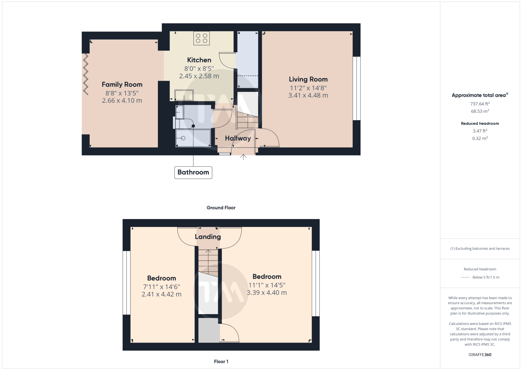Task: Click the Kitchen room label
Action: [199, 60]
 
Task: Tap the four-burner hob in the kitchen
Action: [202, 38]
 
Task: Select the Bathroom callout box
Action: [193, 173]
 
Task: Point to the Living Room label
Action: [308, 79]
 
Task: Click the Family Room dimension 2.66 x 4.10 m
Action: [122, 101]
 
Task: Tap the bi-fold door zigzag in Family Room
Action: [86, 74]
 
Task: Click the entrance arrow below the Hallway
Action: [243, 157]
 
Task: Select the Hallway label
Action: [238, 138]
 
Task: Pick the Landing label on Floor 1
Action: [207, 237]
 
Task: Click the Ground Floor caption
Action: [221, 208]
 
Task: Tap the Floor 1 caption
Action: [221, 362]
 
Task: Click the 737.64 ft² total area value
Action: [480, 104]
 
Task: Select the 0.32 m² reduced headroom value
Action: [480, 138]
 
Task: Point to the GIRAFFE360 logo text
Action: [480, 355]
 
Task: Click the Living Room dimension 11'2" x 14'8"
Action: [308, 88]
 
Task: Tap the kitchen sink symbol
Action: [184, 95]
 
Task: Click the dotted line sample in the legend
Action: [465, 277]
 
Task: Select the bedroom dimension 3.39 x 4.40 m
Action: [267, 293]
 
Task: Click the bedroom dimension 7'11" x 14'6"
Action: [161, 287]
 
